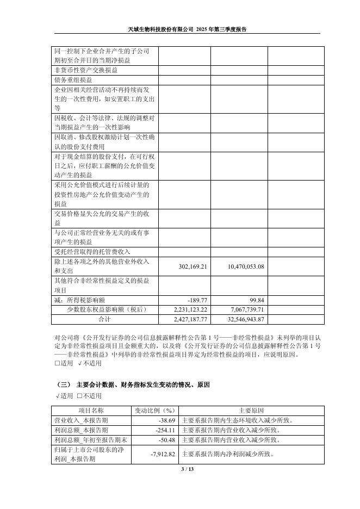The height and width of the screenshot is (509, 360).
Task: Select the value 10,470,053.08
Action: click(x=243, y=266)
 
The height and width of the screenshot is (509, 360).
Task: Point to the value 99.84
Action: click(x=257, y=300)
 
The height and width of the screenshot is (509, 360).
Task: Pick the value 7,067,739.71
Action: click(x=243, y=309)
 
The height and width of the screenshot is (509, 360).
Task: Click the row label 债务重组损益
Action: click(x=73, y=79)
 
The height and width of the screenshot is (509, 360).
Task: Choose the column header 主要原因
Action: click(x=251, y=411)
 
